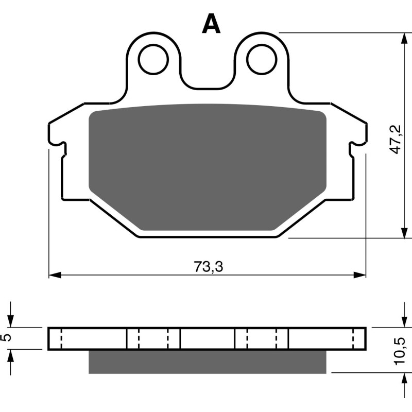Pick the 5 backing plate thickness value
tap(6, 338)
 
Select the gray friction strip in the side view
tap(208, 362)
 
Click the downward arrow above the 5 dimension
tap(10, 320)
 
